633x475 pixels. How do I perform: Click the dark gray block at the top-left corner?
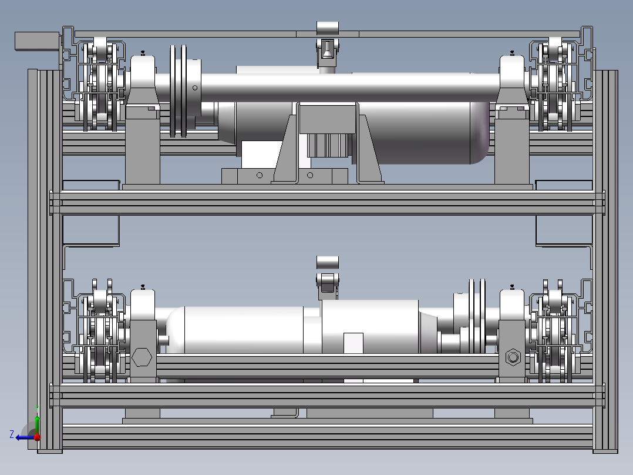37,41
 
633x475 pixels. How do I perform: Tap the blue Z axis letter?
12,434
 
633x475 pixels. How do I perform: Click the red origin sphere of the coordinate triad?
37,437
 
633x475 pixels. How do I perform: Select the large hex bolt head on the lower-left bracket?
142,357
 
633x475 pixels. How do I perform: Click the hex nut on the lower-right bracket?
513,357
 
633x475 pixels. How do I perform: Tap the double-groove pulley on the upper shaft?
179,91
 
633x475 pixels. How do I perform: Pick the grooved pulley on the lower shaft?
477,316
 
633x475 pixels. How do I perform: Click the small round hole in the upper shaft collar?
195,88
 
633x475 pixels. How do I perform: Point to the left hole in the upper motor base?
260,175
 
